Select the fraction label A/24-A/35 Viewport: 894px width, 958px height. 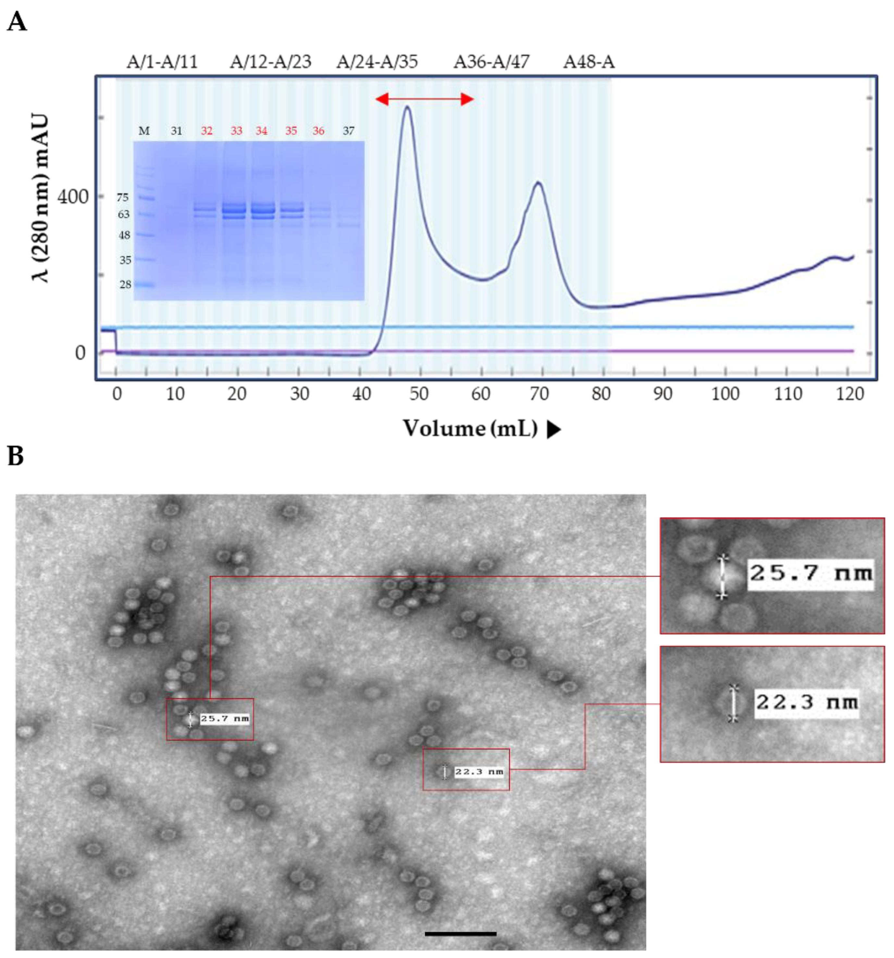click(x=377, y=62)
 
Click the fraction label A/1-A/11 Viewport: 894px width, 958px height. click(x=162, y=62)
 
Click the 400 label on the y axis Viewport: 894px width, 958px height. click(x=73, y=196)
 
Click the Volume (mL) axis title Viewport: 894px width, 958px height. click(x=470, y=428)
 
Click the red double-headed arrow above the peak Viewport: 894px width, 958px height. click(x=424, y=100)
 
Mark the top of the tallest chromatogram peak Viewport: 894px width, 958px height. click(x=407, y=107)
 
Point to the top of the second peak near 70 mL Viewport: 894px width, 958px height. click(x=539, y=182)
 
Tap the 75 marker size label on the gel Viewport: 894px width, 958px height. click(x=122, y=197)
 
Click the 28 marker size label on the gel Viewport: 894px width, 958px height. click(x=125, y=284)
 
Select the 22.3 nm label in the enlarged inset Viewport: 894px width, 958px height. click(x=806, y=702)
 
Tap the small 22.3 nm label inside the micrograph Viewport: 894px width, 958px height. click(x=479, y=772)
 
